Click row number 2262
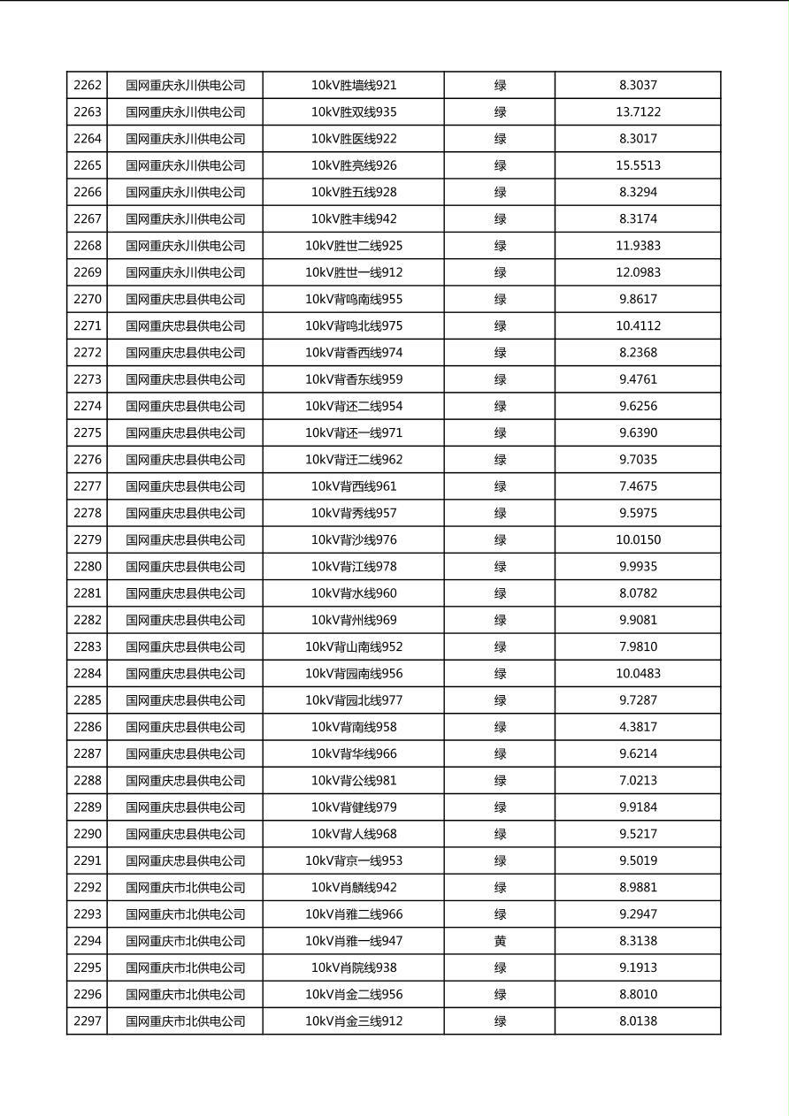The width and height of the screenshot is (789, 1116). pyautogui.click(x=88, y=86)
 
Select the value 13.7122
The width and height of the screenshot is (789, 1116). pyautogui.click(x=638, y=112)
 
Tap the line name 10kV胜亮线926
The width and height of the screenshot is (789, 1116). pyautogui.click(x=354, y=165)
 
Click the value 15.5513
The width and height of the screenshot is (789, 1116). pyautogui.click(x=638, y=165)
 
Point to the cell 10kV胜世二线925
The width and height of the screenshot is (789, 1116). pyautogui.click(x=354, y=246)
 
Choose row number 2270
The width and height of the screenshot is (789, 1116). pyautogui.click(x=88, y=299)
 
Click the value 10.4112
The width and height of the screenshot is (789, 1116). pyautogui.click(x=638, y=325)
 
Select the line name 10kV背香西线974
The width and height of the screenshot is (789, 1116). pyautogui.click(x=354, y=353)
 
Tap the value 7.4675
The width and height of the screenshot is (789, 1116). pyautogui.click(x=638, y=486)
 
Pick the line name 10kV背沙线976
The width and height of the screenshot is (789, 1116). pyautogui.click(x=354, y=539)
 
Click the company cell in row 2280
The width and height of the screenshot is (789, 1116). pyautogui.click(x=185, y=566)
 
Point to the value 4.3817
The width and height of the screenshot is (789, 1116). pyautogui.click(x=638, y=727)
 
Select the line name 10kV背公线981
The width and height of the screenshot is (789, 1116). pyautogui.click(x=354, y=780)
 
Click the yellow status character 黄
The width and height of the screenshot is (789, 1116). pyautogui.click(x=500, y=941)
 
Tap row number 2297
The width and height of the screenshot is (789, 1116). pyautogui.click(x=88, y=1020)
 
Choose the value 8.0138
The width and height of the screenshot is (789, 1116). pyautogui.click(x=638, y=1020)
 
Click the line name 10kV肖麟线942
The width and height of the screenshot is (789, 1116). pyautogui.click(x=354, y=887)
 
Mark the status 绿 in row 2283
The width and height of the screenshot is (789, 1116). pyautogui.click(x=500, y=646)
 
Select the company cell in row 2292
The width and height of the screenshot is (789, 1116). pyautogui.click(x=185, y=887)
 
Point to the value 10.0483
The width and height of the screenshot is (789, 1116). pyautogui.click(x=638, y=673)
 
